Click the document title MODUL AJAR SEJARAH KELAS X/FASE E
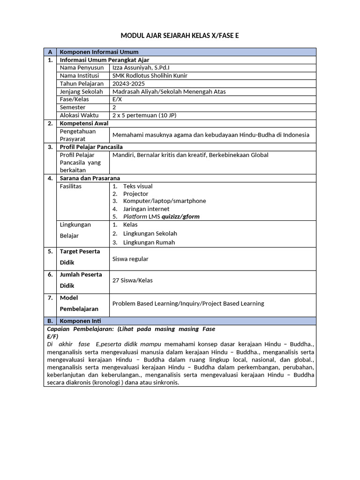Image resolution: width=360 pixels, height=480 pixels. pos(180,35)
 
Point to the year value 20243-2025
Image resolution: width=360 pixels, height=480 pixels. pos(129,83)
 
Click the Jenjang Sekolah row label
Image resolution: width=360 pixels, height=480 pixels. pos(81,91)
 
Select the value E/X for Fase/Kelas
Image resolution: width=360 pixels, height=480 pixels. pos(117,99)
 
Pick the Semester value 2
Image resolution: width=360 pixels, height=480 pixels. pos(114,107)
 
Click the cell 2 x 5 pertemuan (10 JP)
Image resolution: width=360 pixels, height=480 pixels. pos(144,115)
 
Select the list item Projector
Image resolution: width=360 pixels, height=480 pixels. pos(135,194)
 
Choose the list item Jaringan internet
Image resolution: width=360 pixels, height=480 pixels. pos(146,209)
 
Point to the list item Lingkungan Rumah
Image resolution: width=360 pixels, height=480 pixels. pos(149,242)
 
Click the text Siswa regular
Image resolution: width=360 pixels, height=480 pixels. pos(130,259)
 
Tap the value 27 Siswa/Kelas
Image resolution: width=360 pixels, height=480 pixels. pos(133,281)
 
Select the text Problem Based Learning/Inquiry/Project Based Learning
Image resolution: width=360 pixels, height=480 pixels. pos(188,304)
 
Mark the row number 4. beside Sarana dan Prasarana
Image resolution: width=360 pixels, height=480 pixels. pos(50,178)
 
